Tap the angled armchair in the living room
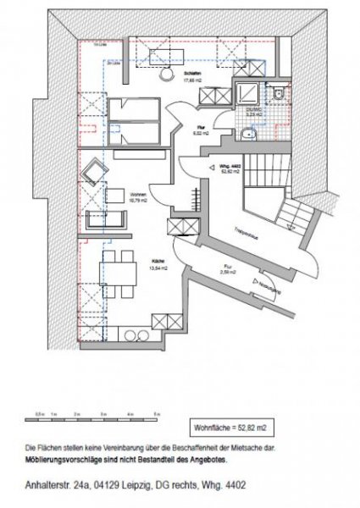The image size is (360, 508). coord(91,173)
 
